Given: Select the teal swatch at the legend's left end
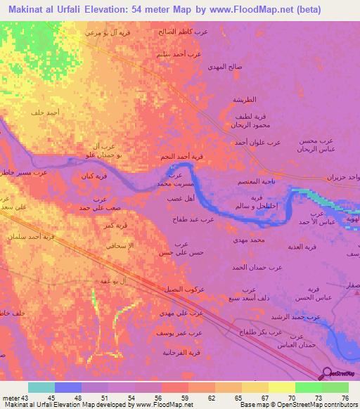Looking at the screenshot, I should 41,387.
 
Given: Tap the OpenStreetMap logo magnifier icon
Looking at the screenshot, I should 328,375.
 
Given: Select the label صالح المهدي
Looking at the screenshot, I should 225,66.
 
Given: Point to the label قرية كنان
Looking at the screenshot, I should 94,176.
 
